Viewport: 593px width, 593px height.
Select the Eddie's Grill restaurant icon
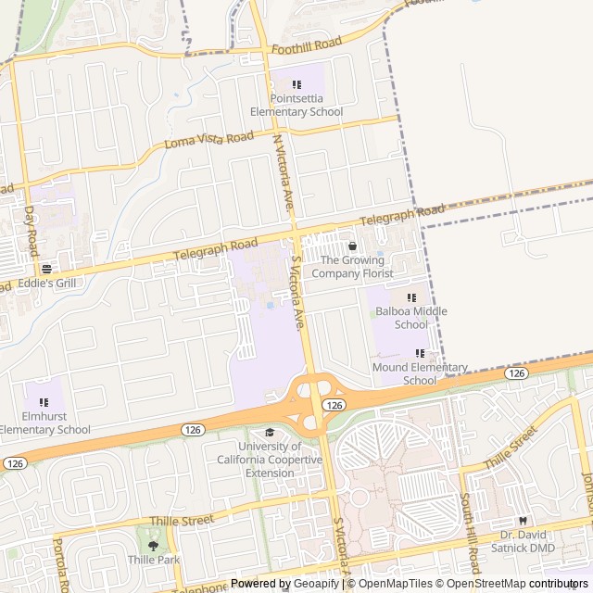point(46,268)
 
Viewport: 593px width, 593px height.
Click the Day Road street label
point(31,231)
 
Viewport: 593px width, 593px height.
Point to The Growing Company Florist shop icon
point(352,246)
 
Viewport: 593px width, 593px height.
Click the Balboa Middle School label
point(410,318)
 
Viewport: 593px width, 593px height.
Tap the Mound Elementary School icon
point(420,353)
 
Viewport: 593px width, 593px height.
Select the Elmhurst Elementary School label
point(44,423)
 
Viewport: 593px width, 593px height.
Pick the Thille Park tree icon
point(154,545)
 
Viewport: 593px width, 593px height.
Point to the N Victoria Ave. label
point(284,171)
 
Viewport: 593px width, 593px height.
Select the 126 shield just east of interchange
point(335,406)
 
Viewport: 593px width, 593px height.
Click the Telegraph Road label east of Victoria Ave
point(402,216)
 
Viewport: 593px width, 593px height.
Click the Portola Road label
point(60,565)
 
